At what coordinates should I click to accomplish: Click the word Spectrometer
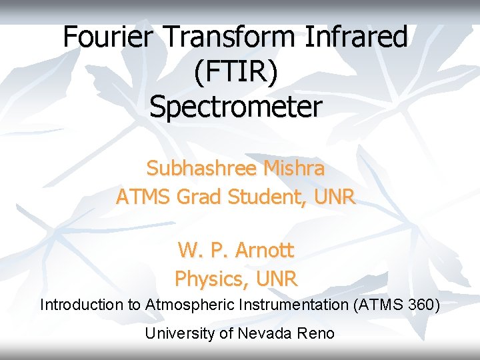pyautogui.click(x=235, y=107)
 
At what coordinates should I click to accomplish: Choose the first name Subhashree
pyautogui.click(x=201, y=169)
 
